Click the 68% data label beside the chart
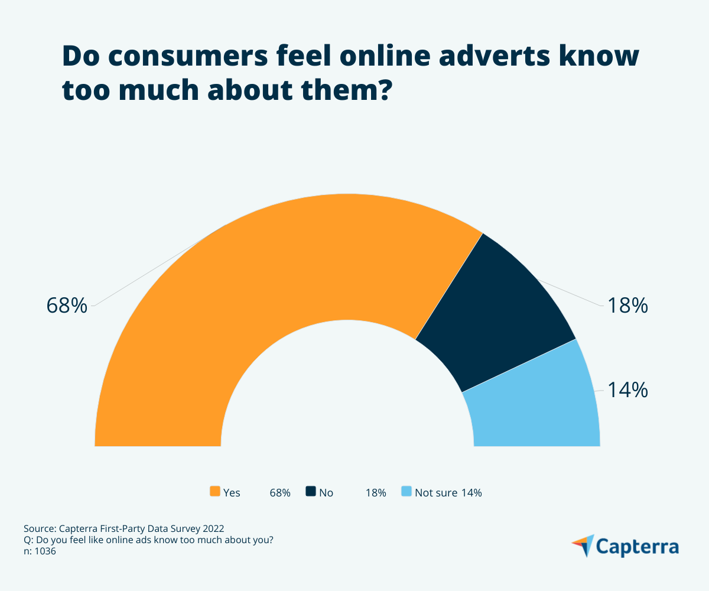pos(67,306)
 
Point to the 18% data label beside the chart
pos(628,306)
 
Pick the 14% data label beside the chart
pos(628,390)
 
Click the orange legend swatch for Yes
pos(215,492)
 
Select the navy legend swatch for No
pos(311,492)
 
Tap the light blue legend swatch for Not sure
pos(406,492)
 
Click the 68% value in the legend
pos(279,492)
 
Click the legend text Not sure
pos(436,492)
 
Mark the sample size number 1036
pos(45,551)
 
